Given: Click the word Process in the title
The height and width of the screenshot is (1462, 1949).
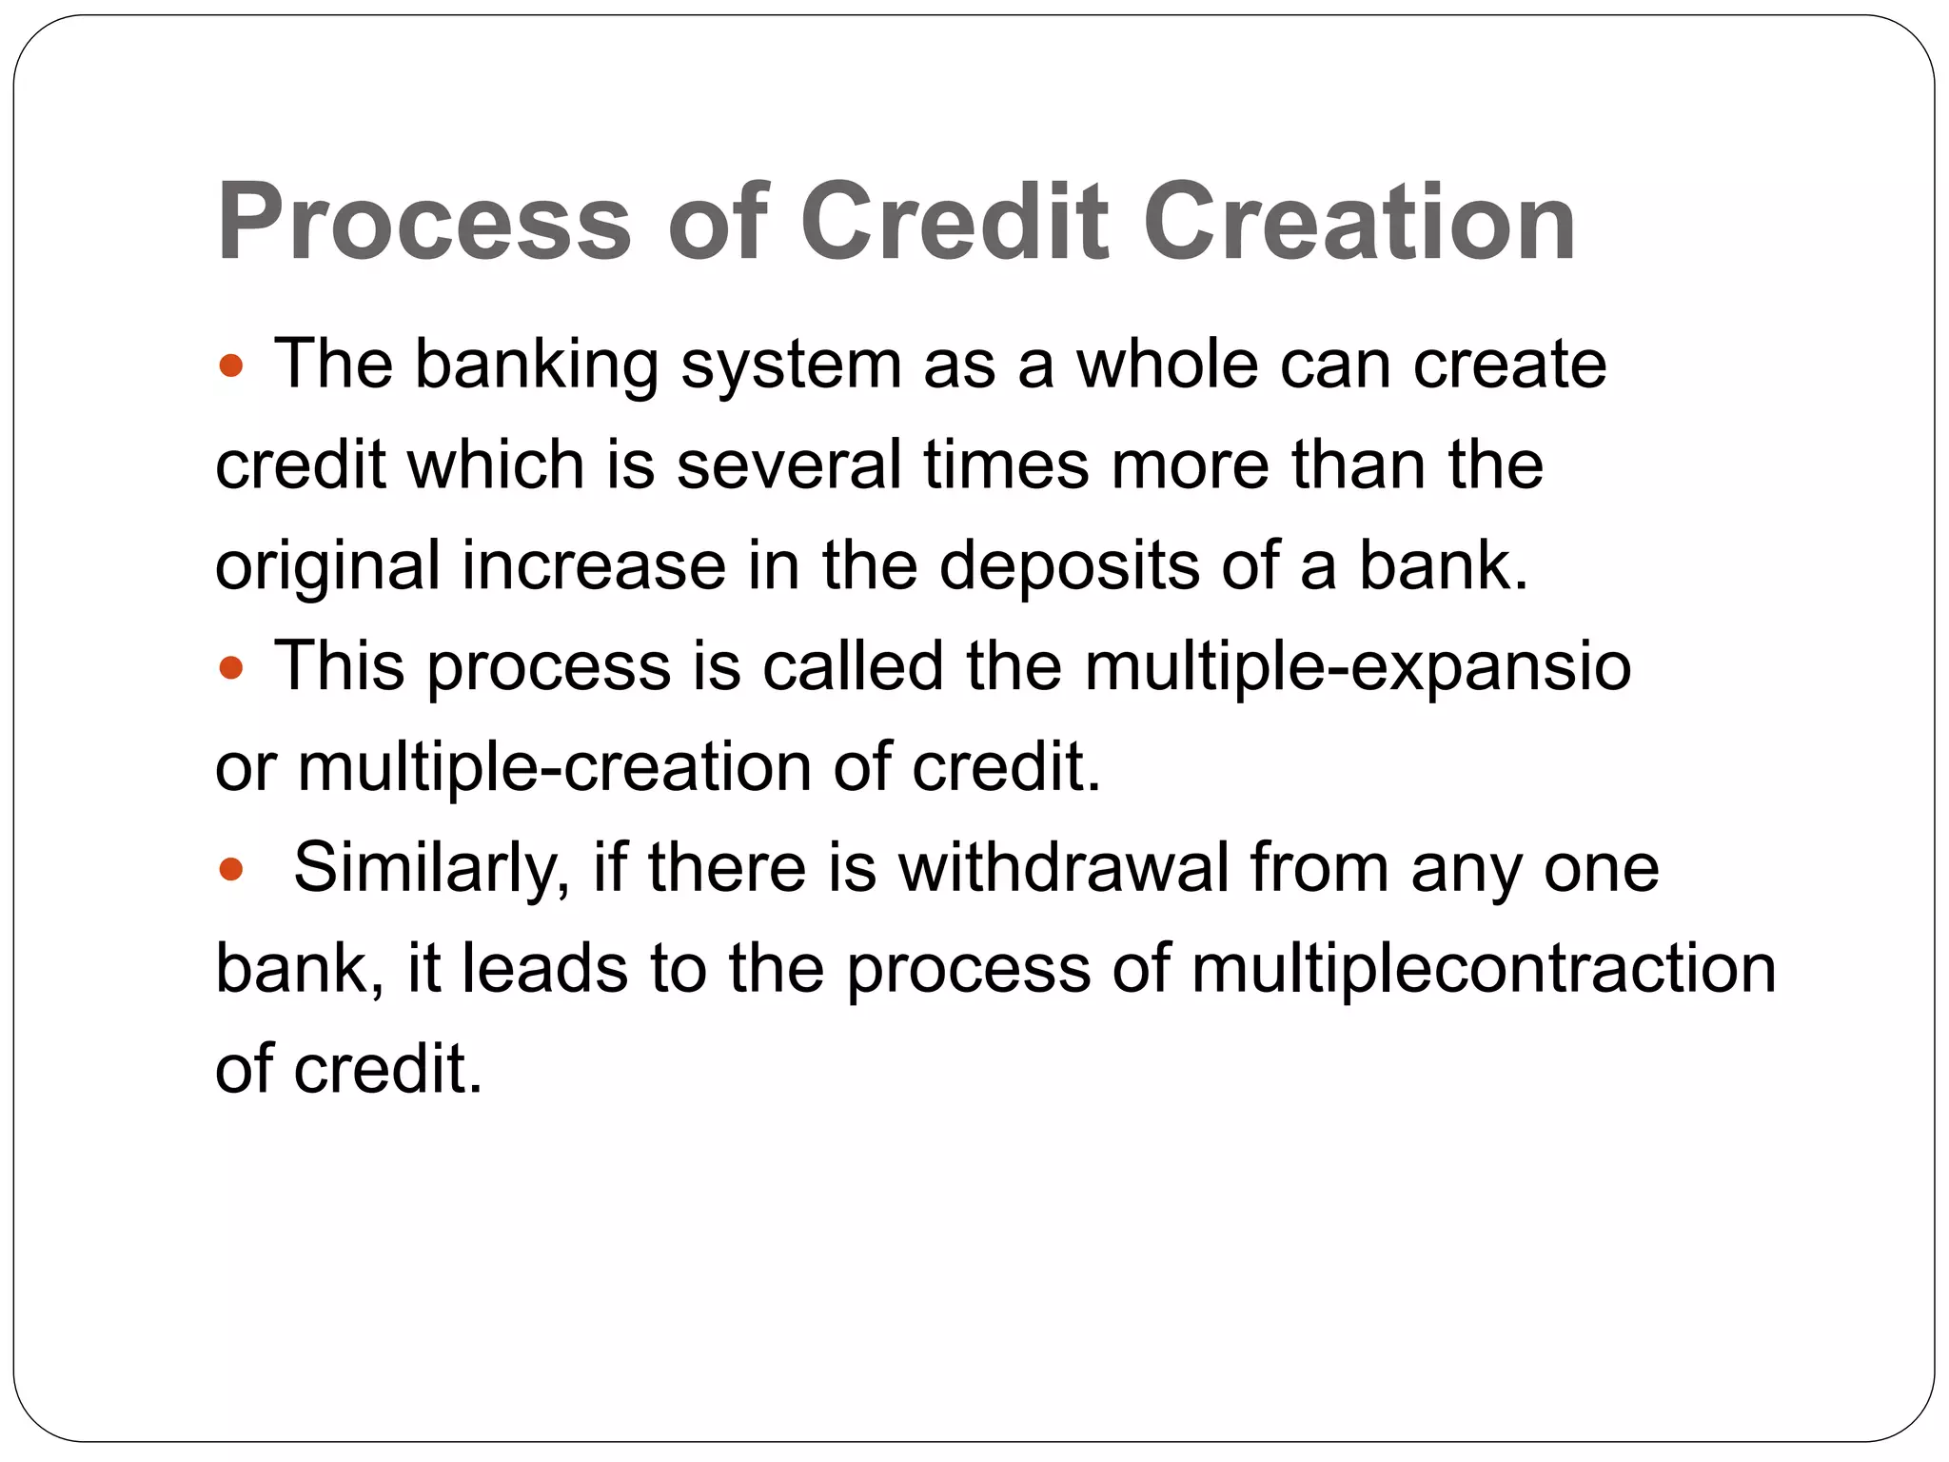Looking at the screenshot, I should pyautogui.click(x=423, y=223).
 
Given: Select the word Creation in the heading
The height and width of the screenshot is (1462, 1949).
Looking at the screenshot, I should pyautogui.click(x=1358, y=223).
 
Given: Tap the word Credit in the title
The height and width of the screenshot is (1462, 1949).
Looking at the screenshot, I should pyautogui.click(x=955, y=223).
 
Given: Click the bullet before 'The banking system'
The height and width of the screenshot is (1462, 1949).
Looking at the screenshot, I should pyautogui.click(x=231, y=365).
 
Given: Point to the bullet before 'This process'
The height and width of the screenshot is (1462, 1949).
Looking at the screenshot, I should pyautogui.click(x=231, y=667).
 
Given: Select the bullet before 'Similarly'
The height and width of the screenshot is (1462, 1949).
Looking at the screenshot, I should pyautogui.click(x=231, y=869).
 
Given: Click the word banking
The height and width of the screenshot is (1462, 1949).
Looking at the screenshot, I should pyautogui.click(x=536, y=365).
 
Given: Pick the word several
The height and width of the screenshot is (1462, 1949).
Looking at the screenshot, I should pyautogui.click(x=788, y=465).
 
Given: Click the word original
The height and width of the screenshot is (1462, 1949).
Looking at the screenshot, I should pyautogui.click(x=328, y=567).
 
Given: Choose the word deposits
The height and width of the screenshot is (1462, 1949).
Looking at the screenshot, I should pyautogui.click(x=1069, y=567).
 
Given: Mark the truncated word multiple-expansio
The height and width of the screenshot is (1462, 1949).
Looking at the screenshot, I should pyautogui.click(x=1357, y=667).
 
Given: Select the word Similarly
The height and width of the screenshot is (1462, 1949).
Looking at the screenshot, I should pyautogui.click(x=431, y=869).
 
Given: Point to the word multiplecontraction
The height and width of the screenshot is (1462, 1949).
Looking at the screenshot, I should pyautogui.click(x=1483, y=969).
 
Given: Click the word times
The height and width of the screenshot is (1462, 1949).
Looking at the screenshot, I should pyautogui.click(x=1006, y=465).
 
